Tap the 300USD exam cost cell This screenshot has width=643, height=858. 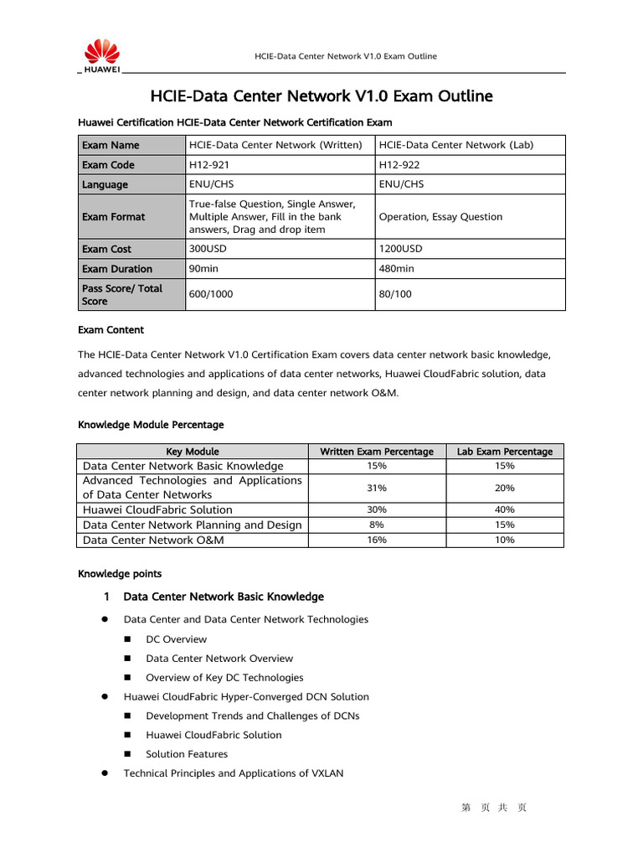click(x=208, y=249)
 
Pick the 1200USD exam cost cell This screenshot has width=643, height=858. click(x=401, y=249)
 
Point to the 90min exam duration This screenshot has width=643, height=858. click(x=204, y=269)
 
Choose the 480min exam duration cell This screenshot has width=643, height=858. click(x=397, y=269)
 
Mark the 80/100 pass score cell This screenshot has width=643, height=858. click(x=395, y=295)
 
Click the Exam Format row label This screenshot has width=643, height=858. click(x=113, y=217)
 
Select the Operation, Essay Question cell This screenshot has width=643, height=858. click(x=440, y=217)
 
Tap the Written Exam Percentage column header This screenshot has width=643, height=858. click(x=377, y=452)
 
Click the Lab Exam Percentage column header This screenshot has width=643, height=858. click(x=505, y=452)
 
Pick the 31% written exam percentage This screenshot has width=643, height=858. click(x=377, y=488)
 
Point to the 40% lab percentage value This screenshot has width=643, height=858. click(x=505, y=509)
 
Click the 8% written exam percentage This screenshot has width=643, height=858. click(x=377, y=525)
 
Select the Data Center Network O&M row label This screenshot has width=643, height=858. click(x=153, y=540)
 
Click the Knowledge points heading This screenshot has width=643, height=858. click(x=120, y=574)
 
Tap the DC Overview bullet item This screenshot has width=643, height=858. click(x=176, y=639)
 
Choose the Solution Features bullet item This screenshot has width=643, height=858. click(x=186, y=754)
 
